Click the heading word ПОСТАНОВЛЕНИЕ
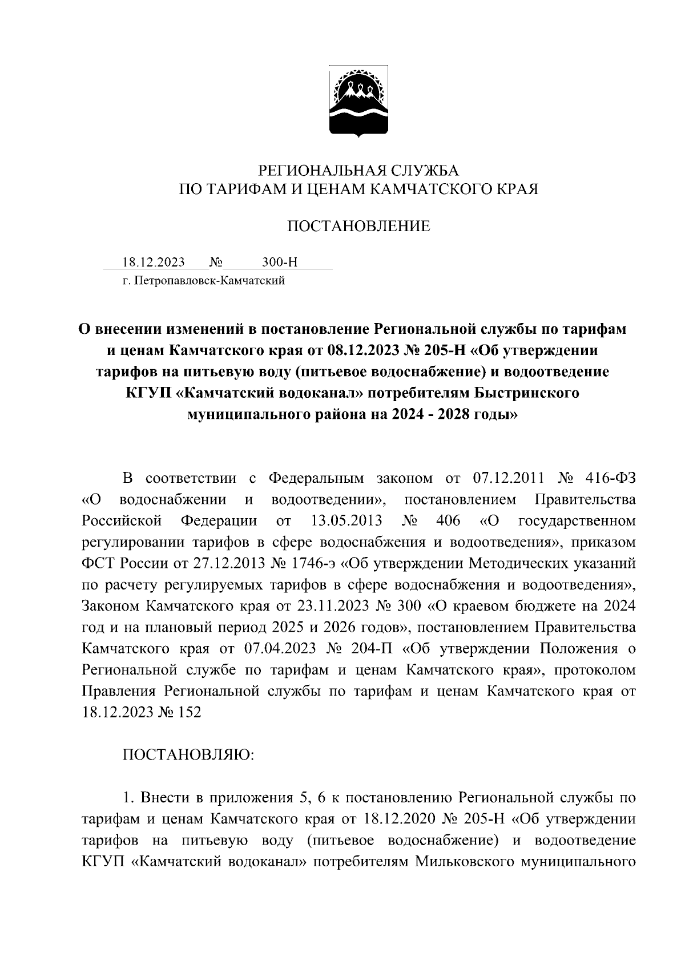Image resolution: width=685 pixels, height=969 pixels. tap(358, 227)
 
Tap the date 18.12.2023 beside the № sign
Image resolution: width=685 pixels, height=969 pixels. tap(154, 263)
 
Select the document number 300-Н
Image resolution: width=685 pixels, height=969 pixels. tap(280, 263)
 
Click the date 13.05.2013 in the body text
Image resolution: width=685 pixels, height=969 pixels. tap(345, 520)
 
